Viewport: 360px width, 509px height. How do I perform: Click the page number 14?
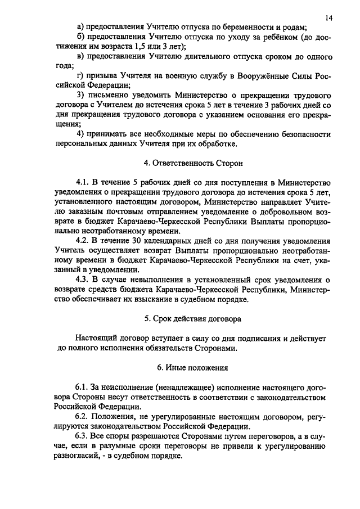329,18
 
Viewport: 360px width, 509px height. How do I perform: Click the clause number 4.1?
83,183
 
